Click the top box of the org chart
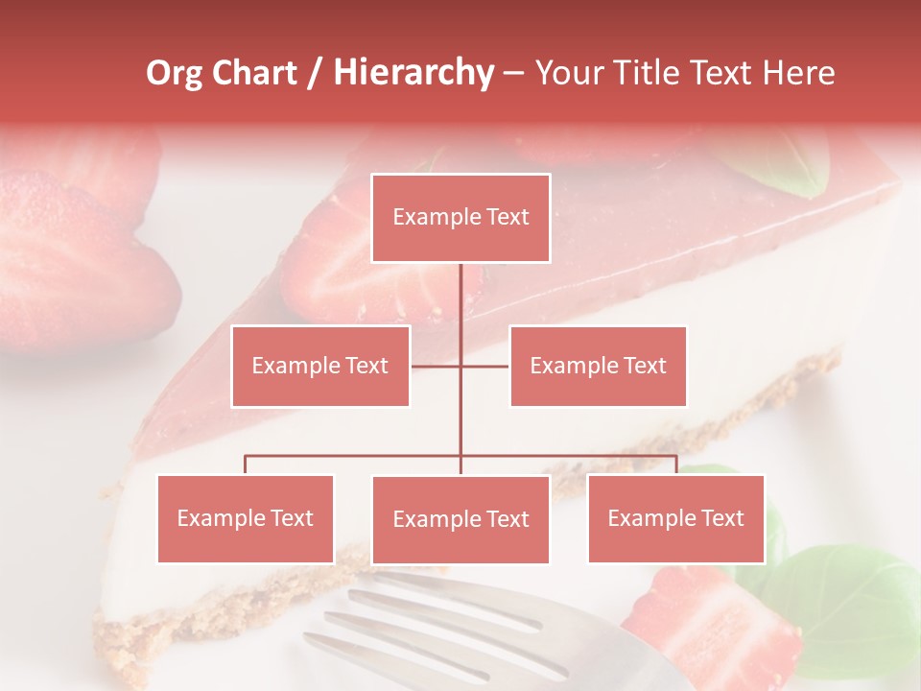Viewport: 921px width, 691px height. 460,218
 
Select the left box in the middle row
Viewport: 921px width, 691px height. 320,366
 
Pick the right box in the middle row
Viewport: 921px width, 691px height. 598,366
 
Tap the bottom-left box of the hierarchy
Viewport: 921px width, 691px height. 246,518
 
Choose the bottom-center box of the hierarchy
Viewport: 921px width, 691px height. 460,520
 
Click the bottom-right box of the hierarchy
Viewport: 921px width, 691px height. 675,518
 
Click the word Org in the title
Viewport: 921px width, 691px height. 175,73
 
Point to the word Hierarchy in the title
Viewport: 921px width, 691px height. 413,73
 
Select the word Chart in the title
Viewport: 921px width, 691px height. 254,73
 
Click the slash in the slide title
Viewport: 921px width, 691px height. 315,73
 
